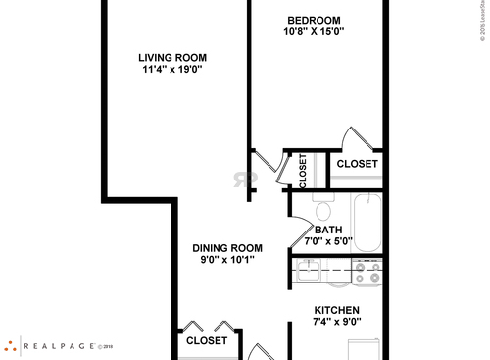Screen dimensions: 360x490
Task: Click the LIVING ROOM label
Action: tap(171, 57)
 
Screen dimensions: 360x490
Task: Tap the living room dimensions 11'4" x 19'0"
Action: tap(171, 70)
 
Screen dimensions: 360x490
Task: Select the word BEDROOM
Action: tap(314, 20)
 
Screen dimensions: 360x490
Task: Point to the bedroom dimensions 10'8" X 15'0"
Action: tap(314, 32)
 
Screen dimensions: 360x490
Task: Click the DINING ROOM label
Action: tap(226, 247)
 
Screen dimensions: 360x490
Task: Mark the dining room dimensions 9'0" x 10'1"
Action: tap(226, 260)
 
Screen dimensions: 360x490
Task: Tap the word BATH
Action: tap(328, 231)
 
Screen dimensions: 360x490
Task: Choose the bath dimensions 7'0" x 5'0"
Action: tap(328, 242)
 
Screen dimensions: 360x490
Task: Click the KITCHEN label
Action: tap(336, 310)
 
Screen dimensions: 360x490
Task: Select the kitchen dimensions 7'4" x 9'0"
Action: tap(336, 322)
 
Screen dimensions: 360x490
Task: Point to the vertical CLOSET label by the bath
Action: tap(303, 170)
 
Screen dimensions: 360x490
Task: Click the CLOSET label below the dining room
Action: tap(207, 341)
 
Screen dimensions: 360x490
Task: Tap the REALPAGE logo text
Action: tap(64, 345)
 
